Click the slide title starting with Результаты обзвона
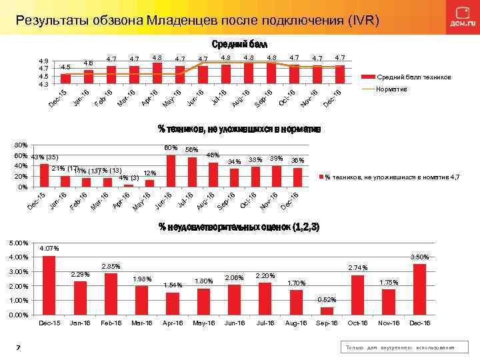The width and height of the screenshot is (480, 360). coord(197,19)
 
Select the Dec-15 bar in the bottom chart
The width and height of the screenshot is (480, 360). coord(49,285)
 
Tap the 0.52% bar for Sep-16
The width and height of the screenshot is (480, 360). coord(326,311)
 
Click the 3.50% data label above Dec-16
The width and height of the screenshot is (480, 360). coord(419,257)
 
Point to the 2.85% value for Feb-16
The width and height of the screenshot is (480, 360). coord(111,267)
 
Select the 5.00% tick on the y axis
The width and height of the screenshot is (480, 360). coord(21,243)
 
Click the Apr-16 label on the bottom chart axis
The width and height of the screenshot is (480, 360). coord(173,323)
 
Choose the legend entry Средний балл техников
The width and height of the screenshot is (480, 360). coord(414,78)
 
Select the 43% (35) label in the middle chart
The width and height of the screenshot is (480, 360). coord(45,157)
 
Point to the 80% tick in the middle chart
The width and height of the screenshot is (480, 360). coord(21,145)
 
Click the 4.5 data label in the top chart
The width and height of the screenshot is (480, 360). coord(65,67)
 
